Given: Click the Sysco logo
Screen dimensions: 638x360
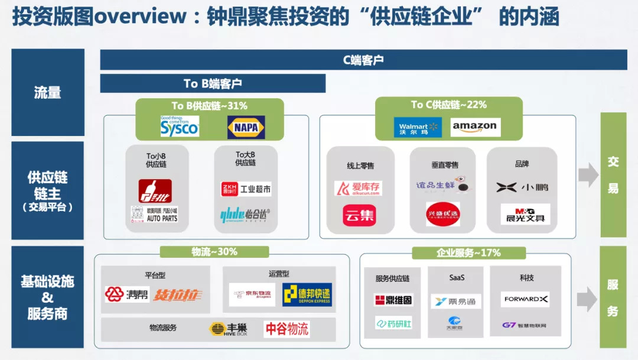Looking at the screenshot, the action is (x=180, y=126).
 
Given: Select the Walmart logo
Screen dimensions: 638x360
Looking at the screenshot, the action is (x=418, y=127).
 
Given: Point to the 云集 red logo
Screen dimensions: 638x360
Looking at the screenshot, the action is (x=359, y=215).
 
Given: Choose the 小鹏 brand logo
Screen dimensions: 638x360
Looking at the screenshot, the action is (x=522, y=187).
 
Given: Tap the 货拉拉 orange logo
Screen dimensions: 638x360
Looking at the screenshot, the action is (x=177, y=294).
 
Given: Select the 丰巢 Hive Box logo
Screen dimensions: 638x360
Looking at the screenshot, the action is (x=230, y=329).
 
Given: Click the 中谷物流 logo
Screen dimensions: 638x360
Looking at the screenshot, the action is (x=287, y=329).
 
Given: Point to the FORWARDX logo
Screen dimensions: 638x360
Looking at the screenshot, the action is (x=525, y=299).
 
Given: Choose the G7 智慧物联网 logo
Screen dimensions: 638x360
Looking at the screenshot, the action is (x=524, y=325).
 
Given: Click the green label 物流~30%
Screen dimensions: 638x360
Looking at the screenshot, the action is (x=214, y=252).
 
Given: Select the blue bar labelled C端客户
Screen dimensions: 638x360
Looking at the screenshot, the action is (x=363, y=60).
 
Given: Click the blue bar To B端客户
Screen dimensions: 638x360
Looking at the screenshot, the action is (x=213, y=83).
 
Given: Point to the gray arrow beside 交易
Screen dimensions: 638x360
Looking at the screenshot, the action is (x=588, y=174).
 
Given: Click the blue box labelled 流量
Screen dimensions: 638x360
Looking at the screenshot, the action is (x=48, y=92).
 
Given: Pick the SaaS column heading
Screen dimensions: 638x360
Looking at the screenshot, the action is (x=457, y=277).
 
